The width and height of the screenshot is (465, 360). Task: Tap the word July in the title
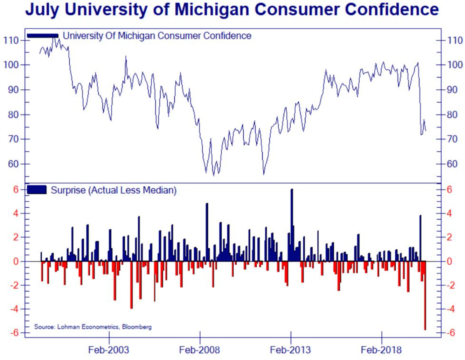pyautogui.click(x=42, y=9)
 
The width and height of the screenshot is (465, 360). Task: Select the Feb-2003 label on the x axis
pyautogui.click(x=109, y=349)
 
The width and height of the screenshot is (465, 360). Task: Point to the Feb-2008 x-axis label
pyautogui.click(x=199, y=349)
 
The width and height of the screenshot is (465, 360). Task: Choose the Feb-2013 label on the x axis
pyautogui.click(x=290, y=349)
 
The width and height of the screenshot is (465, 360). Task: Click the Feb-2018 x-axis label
pyautogui.click(x=381, y=349)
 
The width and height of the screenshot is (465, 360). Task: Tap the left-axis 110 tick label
pyautogui.click(x=11, y=40)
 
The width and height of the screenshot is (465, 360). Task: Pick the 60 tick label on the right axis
pyautogui.click(x=452, y=164)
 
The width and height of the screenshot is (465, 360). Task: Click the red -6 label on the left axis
pyautogui.click(x=14, y=333)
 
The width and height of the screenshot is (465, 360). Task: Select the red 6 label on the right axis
pyautogui.click(x=449, y=189)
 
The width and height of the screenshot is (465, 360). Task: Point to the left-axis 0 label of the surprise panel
pyautogui.click(x=16, y=261)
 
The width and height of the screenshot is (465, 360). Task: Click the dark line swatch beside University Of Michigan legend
pyautogui.click(x=43, y=35)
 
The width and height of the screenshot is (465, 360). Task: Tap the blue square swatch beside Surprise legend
pyautogui.click(x=37, y=190)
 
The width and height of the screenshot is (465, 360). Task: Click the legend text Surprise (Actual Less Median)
pyautogui.click(x=113, y=190)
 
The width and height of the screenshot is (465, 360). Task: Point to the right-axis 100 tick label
pyautogui.click(x=455, y=65)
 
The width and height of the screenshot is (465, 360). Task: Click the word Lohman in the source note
pyautogui.click(x=68, y=327)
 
